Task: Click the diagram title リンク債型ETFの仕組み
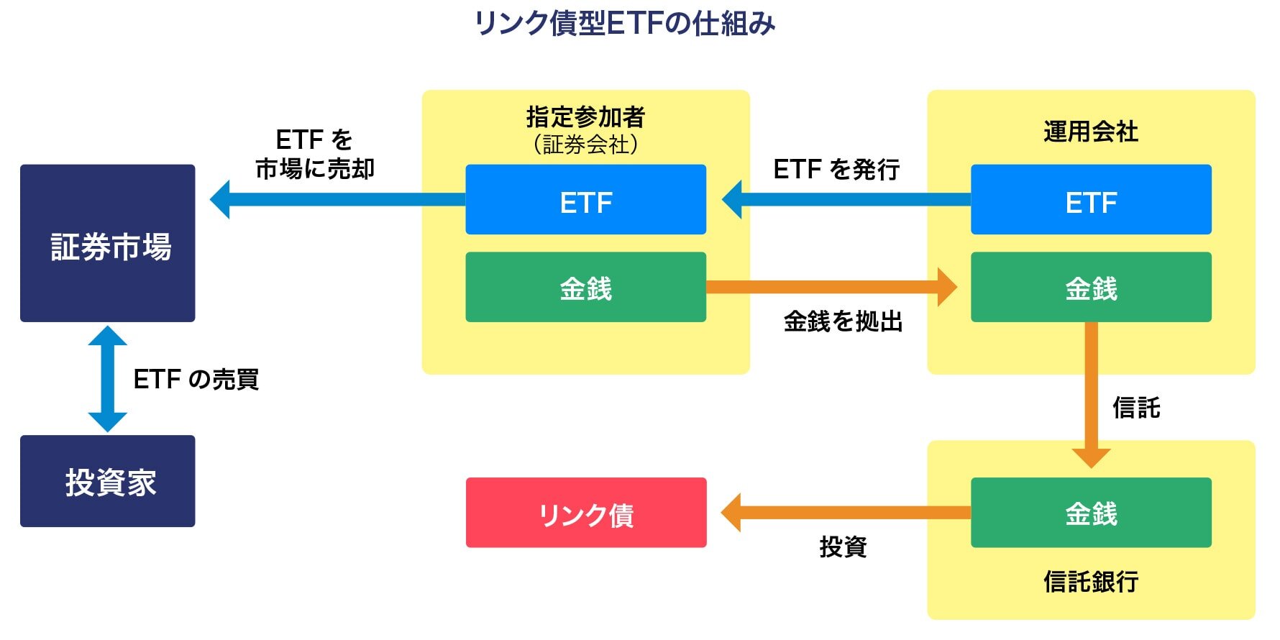[x=624, y=24]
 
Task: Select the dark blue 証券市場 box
[x=108, y=243]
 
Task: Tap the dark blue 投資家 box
[x=108, y=481]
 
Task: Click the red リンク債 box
[x=586, y=513]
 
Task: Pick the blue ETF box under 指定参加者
[x=585, y=200]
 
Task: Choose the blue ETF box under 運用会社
[x=1091, y=200]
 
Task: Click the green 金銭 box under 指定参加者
[x=585, y=287]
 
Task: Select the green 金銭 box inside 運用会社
[x=1091, y=287]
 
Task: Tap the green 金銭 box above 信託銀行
[x=1091, y=513]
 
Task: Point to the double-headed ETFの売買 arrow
[x=108, y=379]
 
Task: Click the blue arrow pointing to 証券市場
[x=338, y=199]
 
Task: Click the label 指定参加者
[x=585, y=116]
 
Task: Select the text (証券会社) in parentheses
[x=585, y=145]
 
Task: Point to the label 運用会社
[x=1091, y=132]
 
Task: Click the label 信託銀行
[x=1091, y=581]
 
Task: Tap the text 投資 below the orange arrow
[x=843, y=547]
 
